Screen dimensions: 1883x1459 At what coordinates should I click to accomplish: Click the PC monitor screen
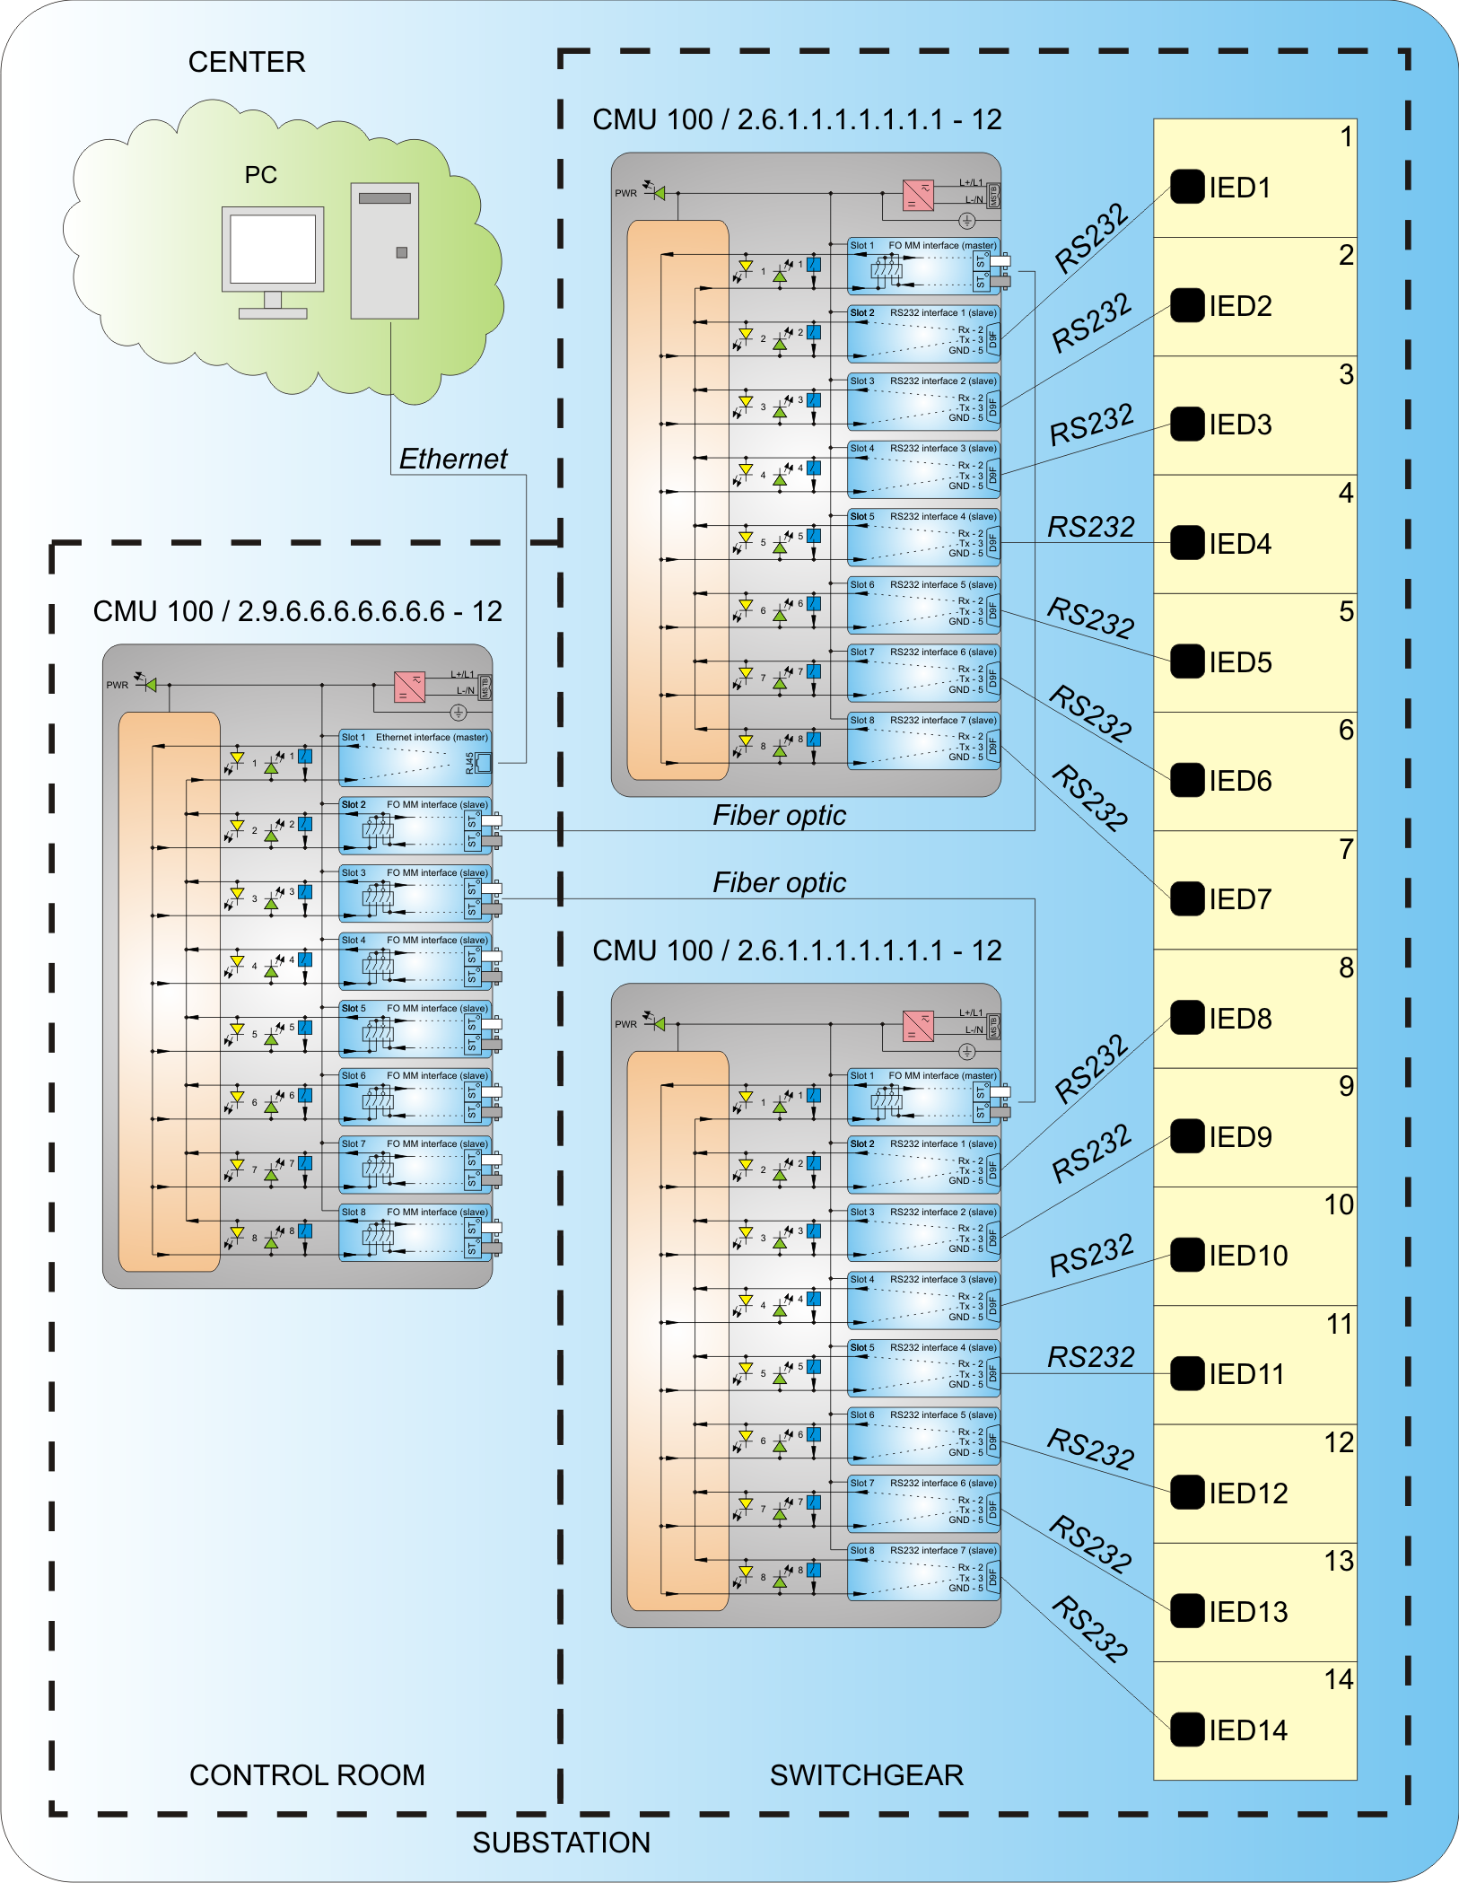(x=273, y=249)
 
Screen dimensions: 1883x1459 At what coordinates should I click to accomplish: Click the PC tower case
(x=384, y=251)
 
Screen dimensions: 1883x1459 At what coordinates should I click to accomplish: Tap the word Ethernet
(x=453, y=459)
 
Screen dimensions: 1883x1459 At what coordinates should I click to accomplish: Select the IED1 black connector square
(x=1186, y=187)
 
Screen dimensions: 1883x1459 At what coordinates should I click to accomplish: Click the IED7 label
(x=1240, y=899)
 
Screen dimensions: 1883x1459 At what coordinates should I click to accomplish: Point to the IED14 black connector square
(x=1186, y=1730)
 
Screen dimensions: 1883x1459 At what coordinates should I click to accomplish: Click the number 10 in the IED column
(x=1339, y=1204)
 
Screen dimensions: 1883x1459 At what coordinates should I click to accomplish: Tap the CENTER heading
(x=247, y=62)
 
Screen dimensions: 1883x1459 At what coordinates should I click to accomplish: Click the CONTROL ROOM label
(x=307, y=1774)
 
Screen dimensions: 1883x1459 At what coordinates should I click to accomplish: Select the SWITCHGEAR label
(x=866, y=1774)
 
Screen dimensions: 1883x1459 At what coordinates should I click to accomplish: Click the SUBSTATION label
(x=561, y=1842)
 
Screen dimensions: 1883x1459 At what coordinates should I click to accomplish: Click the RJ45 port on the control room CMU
(x=482, y=763)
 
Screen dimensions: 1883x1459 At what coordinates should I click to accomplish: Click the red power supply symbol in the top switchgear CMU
(x=918, y=195)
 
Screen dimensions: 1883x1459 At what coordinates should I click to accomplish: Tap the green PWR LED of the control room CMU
(x=151, y=685)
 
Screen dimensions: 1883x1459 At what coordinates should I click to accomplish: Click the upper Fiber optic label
(x=779, y=815)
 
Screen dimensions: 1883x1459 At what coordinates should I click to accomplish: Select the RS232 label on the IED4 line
(x=1091, y=527)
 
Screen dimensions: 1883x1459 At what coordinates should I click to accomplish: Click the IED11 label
(x=1246, y=1374)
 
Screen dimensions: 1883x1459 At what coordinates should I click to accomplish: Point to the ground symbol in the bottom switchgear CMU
(x=966, y=1051)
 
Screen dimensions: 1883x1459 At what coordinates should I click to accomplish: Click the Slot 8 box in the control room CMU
(x=415, y=1233)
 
